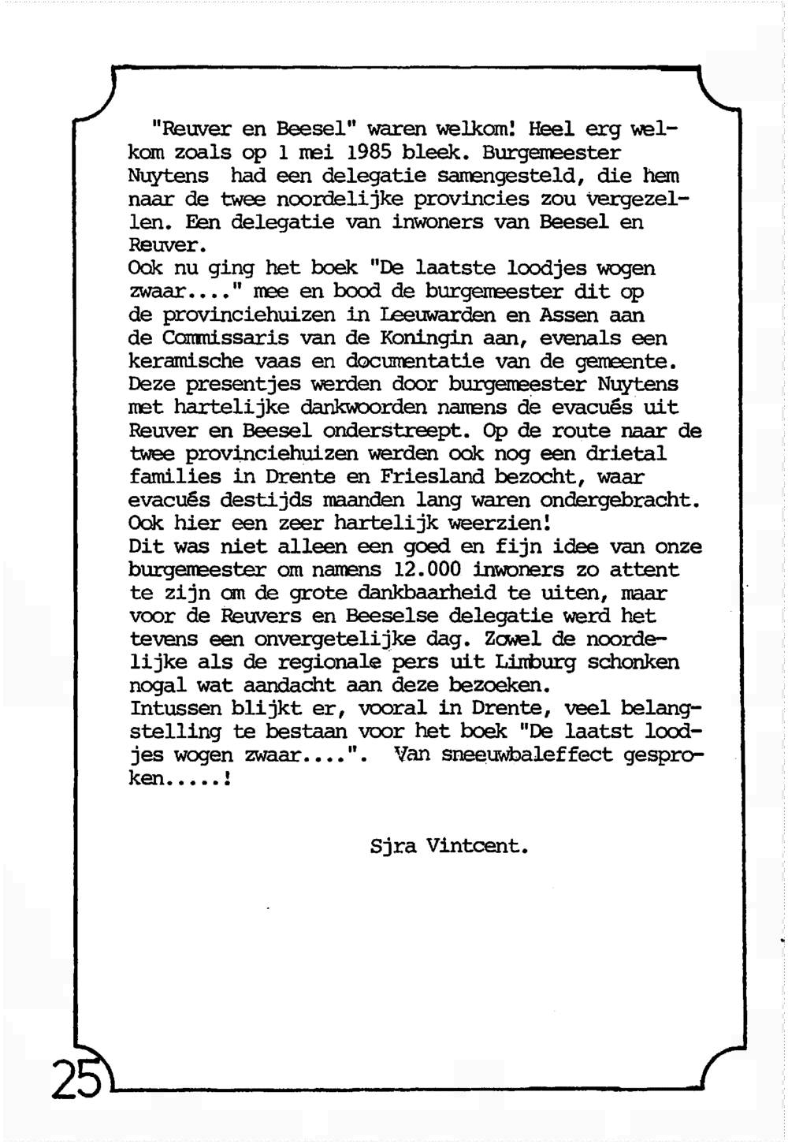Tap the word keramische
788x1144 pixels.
click(x=184, y=362)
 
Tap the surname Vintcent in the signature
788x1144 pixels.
click(x=478, y=848)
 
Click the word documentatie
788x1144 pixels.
click(x=415, y=362)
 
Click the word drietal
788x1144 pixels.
click(x=626, y=454)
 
